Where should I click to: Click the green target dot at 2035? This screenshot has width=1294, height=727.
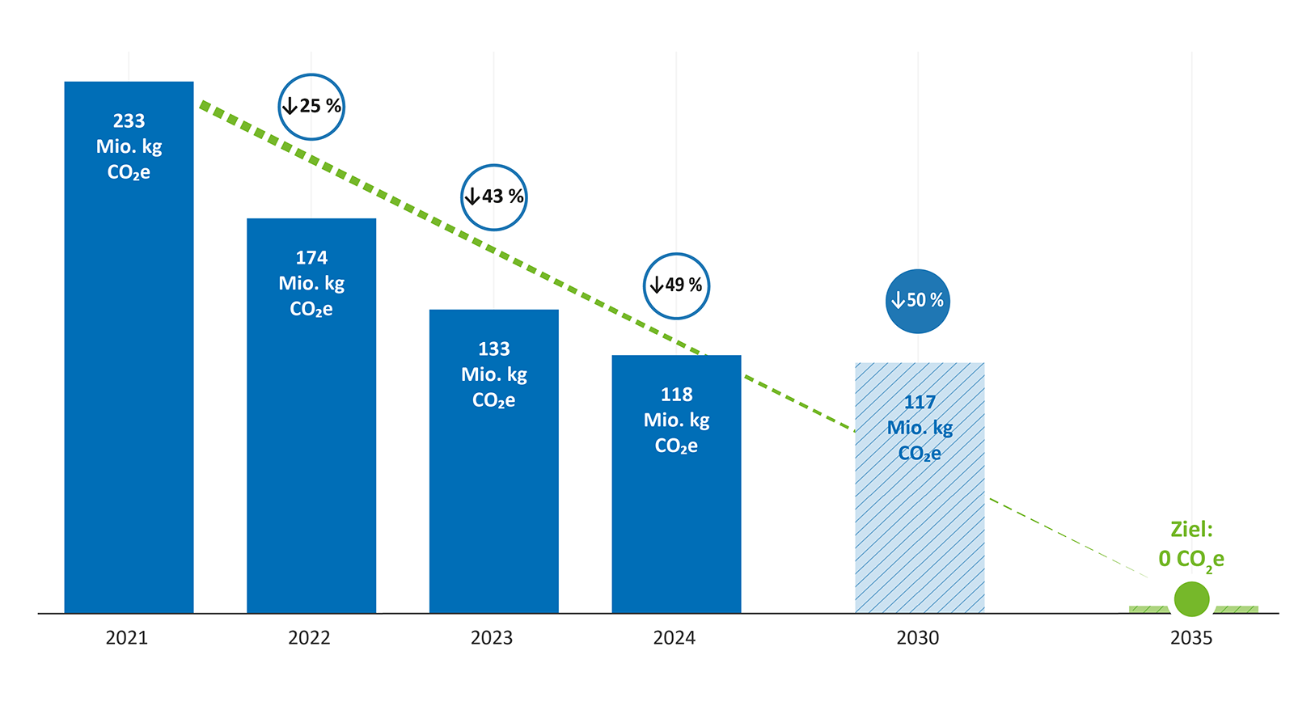tap(1191, 599)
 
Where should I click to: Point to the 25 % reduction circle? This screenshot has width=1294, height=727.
tap(311, 106)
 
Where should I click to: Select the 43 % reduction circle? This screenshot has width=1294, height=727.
tap(494, 197)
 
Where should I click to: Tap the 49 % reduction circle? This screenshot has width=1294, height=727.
tap(676, 285)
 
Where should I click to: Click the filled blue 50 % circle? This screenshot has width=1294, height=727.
tap(918, 301)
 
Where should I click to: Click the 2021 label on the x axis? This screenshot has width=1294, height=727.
tap(127, 638)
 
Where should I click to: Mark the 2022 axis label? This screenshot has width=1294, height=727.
tap(309, 638)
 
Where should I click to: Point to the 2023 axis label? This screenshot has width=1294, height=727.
tap(492, 638)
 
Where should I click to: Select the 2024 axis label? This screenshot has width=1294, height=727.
tap(674, 638)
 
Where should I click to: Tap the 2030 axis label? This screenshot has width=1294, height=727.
tap(918, 638)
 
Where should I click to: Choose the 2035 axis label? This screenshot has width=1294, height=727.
tap(1191, 638)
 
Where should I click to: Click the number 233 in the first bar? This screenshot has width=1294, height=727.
tap(129, 121)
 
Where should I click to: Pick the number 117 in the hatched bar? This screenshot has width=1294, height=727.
tap(920, 402)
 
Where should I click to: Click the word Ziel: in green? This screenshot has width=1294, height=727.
tap(1191, 530)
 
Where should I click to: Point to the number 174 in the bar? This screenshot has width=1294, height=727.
tap(311, 258)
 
